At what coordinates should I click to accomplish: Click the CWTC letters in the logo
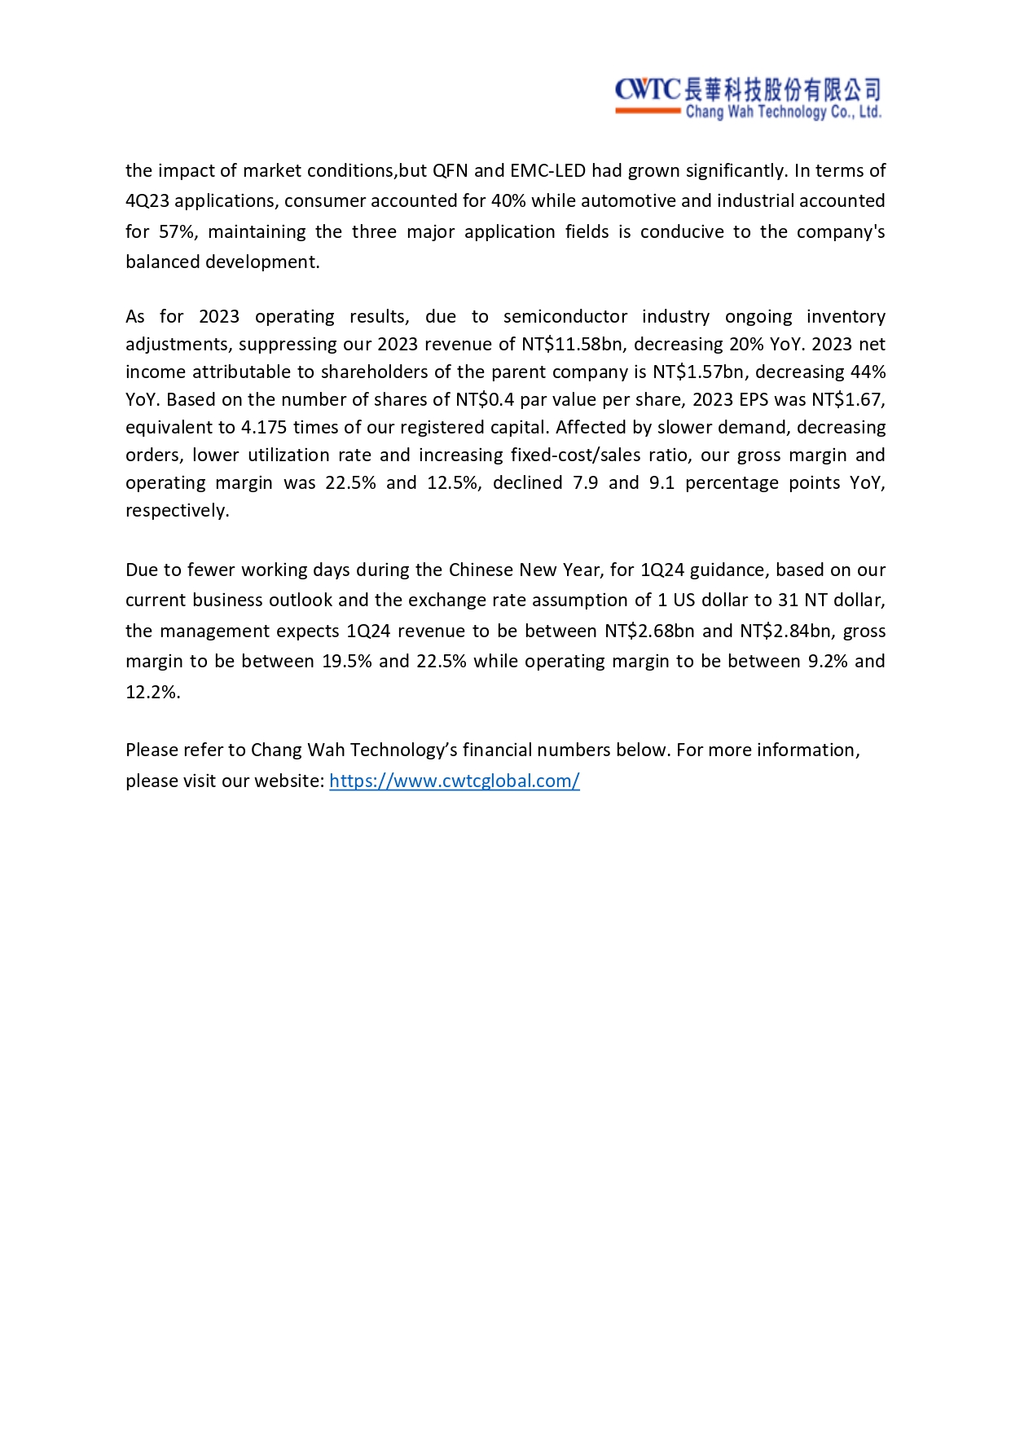pyautogui.click(x=647, y=89)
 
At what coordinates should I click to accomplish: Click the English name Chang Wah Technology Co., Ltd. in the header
pyautogui.click(x=783, y=112)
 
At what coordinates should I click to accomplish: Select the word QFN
pyautogui.click(x=450, y=171)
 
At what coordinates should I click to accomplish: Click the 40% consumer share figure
pyautogui.click(x=508, y=201)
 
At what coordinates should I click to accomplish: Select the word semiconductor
pyautogui.click(x=565, y=317)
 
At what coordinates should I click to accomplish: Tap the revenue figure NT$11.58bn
pyautogui.click(x=572, y=345)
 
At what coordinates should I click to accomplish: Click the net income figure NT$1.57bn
pyautogui.click(x=698, y=372)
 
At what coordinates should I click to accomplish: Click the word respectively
pyautogui.click(x=177, y=511)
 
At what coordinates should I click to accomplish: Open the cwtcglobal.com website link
pyautogui.click(x=454, y=781)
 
